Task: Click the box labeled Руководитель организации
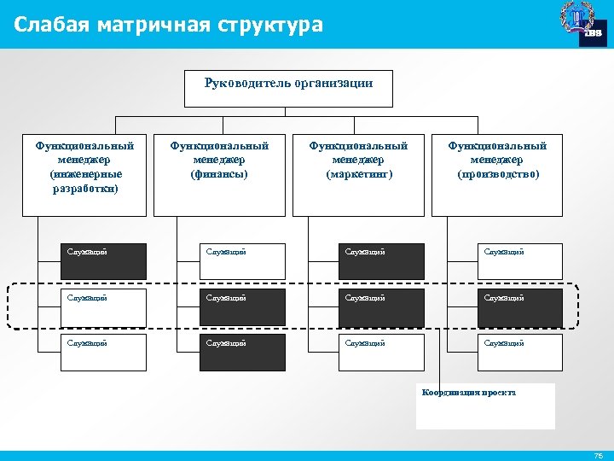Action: point(288,88)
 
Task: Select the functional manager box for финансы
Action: point(219,174)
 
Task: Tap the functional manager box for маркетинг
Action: point(358,174)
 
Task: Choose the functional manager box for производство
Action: point(497,174)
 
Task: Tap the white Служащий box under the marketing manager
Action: point(380,353)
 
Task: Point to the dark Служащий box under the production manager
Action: point(519,307)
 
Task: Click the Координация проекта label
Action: point(468,392)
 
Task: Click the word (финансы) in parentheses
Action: point(219,174)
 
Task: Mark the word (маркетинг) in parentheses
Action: point(358,174)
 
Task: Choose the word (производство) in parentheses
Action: point(497,174)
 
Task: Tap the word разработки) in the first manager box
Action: point(84,187)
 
